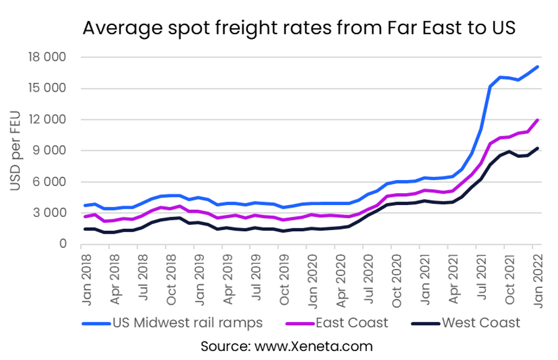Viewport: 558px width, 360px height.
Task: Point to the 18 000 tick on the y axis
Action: (46, 57)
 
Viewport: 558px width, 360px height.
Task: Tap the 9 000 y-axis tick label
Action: (49, 151)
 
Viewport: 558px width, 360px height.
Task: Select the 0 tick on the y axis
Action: (61, 244)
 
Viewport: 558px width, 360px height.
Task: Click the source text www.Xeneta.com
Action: (286, 346)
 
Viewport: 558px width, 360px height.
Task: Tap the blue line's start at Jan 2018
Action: (85, 206)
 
